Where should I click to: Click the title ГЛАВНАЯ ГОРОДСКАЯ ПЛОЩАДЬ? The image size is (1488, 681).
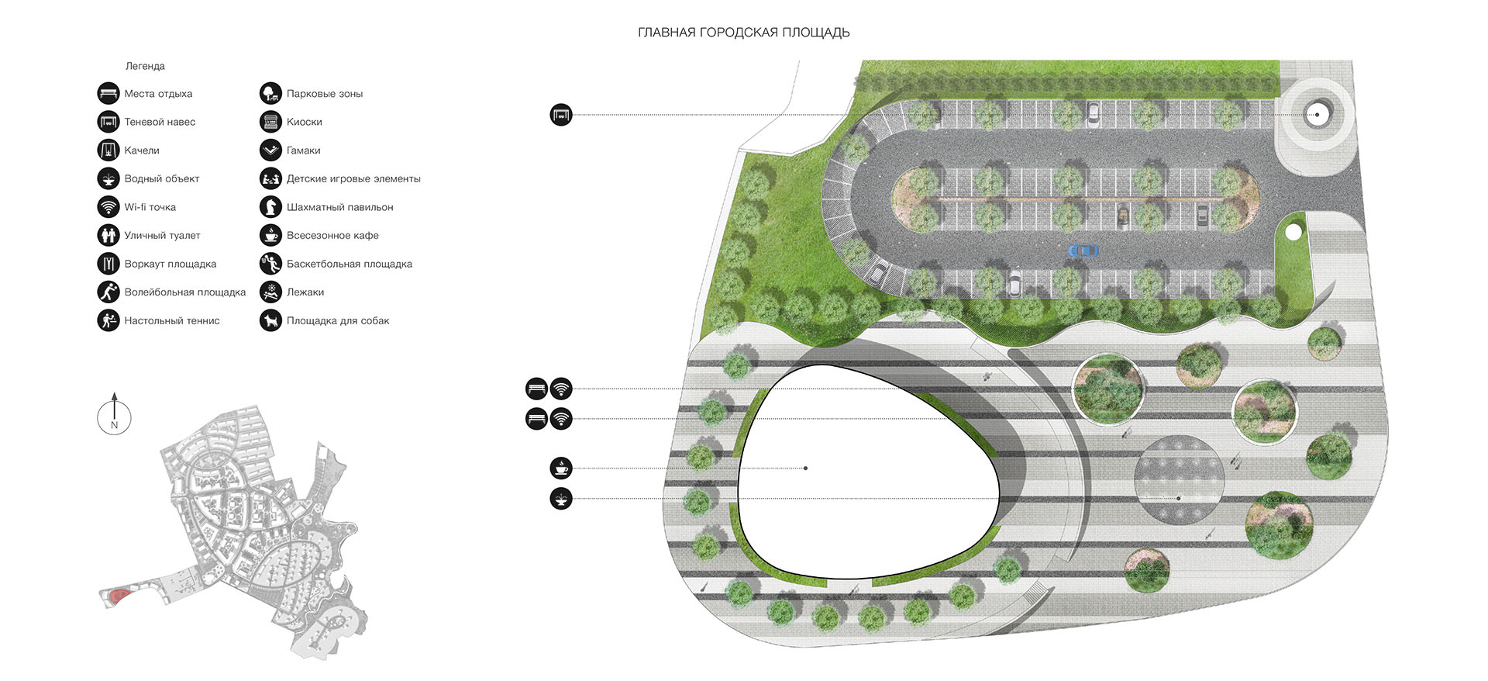tap(744, 33)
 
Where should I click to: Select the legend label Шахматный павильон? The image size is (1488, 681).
tap(339, 207)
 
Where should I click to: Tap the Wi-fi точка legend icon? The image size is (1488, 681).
tap(108, 207)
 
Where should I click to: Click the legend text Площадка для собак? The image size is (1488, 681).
tap(338, 320)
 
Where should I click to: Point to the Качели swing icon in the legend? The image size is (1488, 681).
tap(108, 150)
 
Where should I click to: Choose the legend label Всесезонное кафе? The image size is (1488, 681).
tap(332, 235)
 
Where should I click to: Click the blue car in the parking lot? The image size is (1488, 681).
tap(1083, 251)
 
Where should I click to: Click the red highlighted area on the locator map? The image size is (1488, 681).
tap(118, 596)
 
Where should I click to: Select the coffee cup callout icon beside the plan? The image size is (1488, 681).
tap(561, 468)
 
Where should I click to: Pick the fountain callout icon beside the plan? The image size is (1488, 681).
tap(561, 498)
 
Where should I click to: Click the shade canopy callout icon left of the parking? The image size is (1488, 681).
tap(561, 115)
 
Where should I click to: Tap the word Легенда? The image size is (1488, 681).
tap(145, 66)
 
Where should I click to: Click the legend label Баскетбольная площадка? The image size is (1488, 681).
tap(350, 264)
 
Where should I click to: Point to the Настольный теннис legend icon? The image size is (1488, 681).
tap(108, 320)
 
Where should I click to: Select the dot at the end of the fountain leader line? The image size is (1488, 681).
tap(1179, 499)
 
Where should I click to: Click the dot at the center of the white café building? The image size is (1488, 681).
tap(806, 468)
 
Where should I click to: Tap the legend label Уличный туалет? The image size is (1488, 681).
tap(162, 235)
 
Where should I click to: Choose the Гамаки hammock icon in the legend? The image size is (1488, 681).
tap(270, 150)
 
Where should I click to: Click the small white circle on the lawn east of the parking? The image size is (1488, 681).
tap(1293, 232)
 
